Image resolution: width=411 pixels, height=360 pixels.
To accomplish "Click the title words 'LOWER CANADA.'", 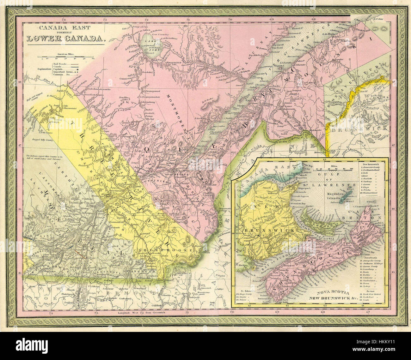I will coord(66,39).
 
